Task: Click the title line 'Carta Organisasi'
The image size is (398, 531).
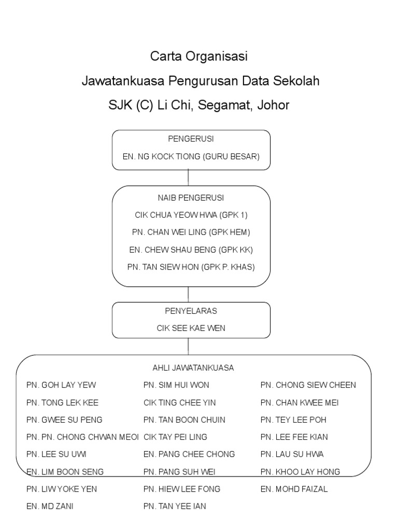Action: [x=199, y=56]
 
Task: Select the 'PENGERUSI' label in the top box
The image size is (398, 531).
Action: [x=191, y=139]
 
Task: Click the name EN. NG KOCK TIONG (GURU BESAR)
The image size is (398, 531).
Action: [x=191, y=157]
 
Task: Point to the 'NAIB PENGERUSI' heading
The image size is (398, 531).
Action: [x=191, y=198]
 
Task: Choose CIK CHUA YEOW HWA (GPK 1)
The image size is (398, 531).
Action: [x=191, y=215]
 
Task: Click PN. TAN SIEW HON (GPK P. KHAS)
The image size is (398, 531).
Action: [x=191, y=267]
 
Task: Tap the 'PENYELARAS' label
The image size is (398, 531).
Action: [x=191, y=311]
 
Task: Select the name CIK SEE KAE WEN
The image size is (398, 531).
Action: [x=191, y=328]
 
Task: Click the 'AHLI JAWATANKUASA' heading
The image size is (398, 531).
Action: [x=193, y=368]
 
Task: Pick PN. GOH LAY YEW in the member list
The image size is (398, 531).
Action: [x=61, y=385]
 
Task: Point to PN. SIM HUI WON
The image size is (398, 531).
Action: [x=176, y=385]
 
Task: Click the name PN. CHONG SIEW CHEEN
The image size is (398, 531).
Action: [x=308, y=385]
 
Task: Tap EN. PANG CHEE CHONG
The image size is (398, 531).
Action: [x=189, y=454]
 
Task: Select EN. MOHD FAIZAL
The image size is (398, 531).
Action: [x=294, y=489]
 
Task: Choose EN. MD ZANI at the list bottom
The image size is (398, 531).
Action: [x=50, y=507]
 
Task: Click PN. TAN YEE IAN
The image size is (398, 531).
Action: [x=175, y=507]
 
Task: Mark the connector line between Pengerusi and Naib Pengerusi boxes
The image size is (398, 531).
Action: [x=188, y=178]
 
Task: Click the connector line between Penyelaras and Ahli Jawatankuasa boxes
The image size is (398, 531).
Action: [x=188, y=346]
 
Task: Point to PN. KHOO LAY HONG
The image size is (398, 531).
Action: [x=301, y=472]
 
